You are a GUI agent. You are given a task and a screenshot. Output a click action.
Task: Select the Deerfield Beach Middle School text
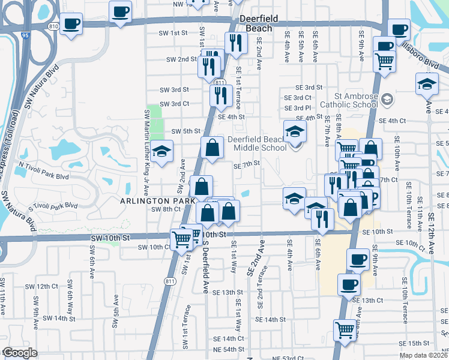(257, 144)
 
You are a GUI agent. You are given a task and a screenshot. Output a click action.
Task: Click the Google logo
(20, 353)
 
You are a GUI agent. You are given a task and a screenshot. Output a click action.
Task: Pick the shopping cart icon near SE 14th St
(345, 329)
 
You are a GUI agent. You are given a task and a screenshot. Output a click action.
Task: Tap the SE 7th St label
(247, 164)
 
